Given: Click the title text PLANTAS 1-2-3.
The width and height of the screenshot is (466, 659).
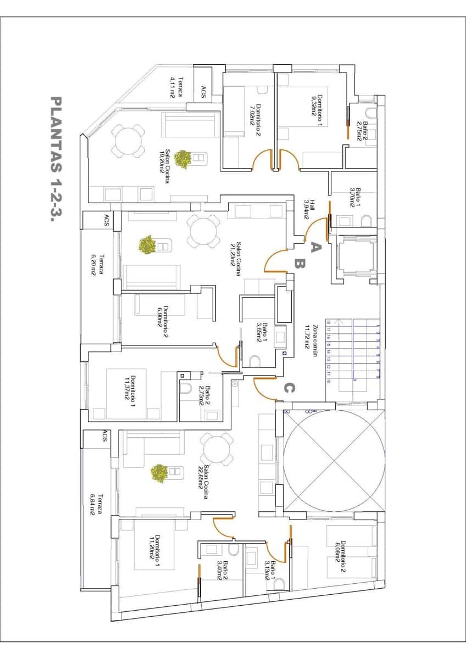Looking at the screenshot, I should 56,159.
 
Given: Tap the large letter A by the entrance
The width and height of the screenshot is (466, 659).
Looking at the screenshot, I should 314,247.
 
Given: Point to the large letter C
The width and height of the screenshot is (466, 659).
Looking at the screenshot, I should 289,388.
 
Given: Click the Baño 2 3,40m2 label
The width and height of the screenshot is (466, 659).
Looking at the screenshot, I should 222,572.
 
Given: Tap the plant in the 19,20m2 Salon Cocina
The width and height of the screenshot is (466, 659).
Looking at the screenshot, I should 183,159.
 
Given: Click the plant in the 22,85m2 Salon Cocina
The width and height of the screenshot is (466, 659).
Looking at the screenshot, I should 159,473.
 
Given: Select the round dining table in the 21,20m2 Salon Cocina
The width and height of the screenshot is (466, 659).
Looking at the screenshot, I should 203,231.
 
